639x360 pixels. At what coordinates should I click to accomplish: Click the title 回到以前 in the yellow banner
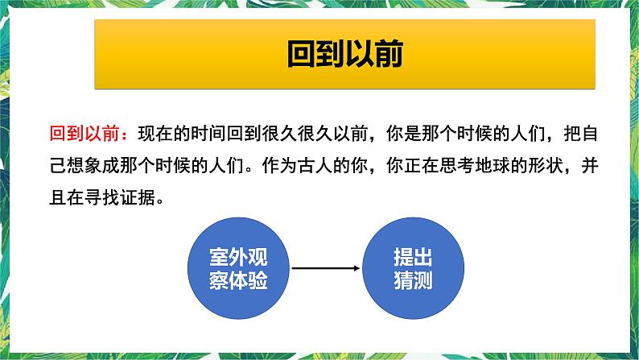344,54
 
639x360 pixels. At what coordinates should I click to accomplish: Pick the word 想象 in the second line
86,165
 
